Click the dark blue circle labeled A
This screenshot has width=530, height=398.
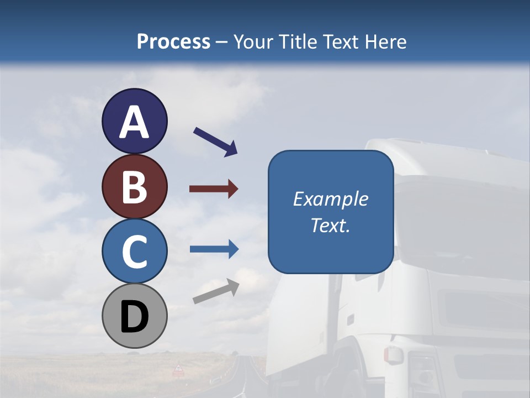pyautogui.click(x=134, y=121)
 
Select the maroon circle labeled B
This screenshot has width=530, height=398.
pyautogui.click(x=134, y=186)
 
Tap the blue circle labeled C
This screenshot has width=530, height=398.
pyautogui.click(x=134, y=251)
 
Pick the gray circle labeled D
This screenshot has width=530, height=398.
pyautogui.click(x=134, y=316)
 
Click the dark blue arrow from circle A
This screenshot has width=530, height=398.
pyautogui.click(x=215, y=142)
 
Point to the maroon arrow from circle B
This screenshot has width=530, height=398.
pyautogui.click(x=214, y=189)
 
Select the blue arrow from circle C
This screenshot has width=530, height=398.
pyautogui.click(x=214, y=249)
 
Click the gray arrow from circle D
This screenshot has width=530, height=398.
pyautogui.click(x=216, y=291)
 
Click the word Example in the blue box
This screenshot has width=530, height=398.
pyautogui.click(x=330, y=199)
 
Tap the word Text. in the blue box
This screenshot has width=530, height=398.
pyautogui.click(x=330, y=226)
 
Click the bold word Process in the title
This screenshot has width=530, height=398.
pyautogui.click(x=173, y=41)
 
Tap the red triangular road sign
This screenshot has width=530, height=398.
pyautogui.click(x=178, y=369)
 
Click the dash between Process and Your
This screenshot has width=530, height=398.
pyautogui.click(x=222, y=43)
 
